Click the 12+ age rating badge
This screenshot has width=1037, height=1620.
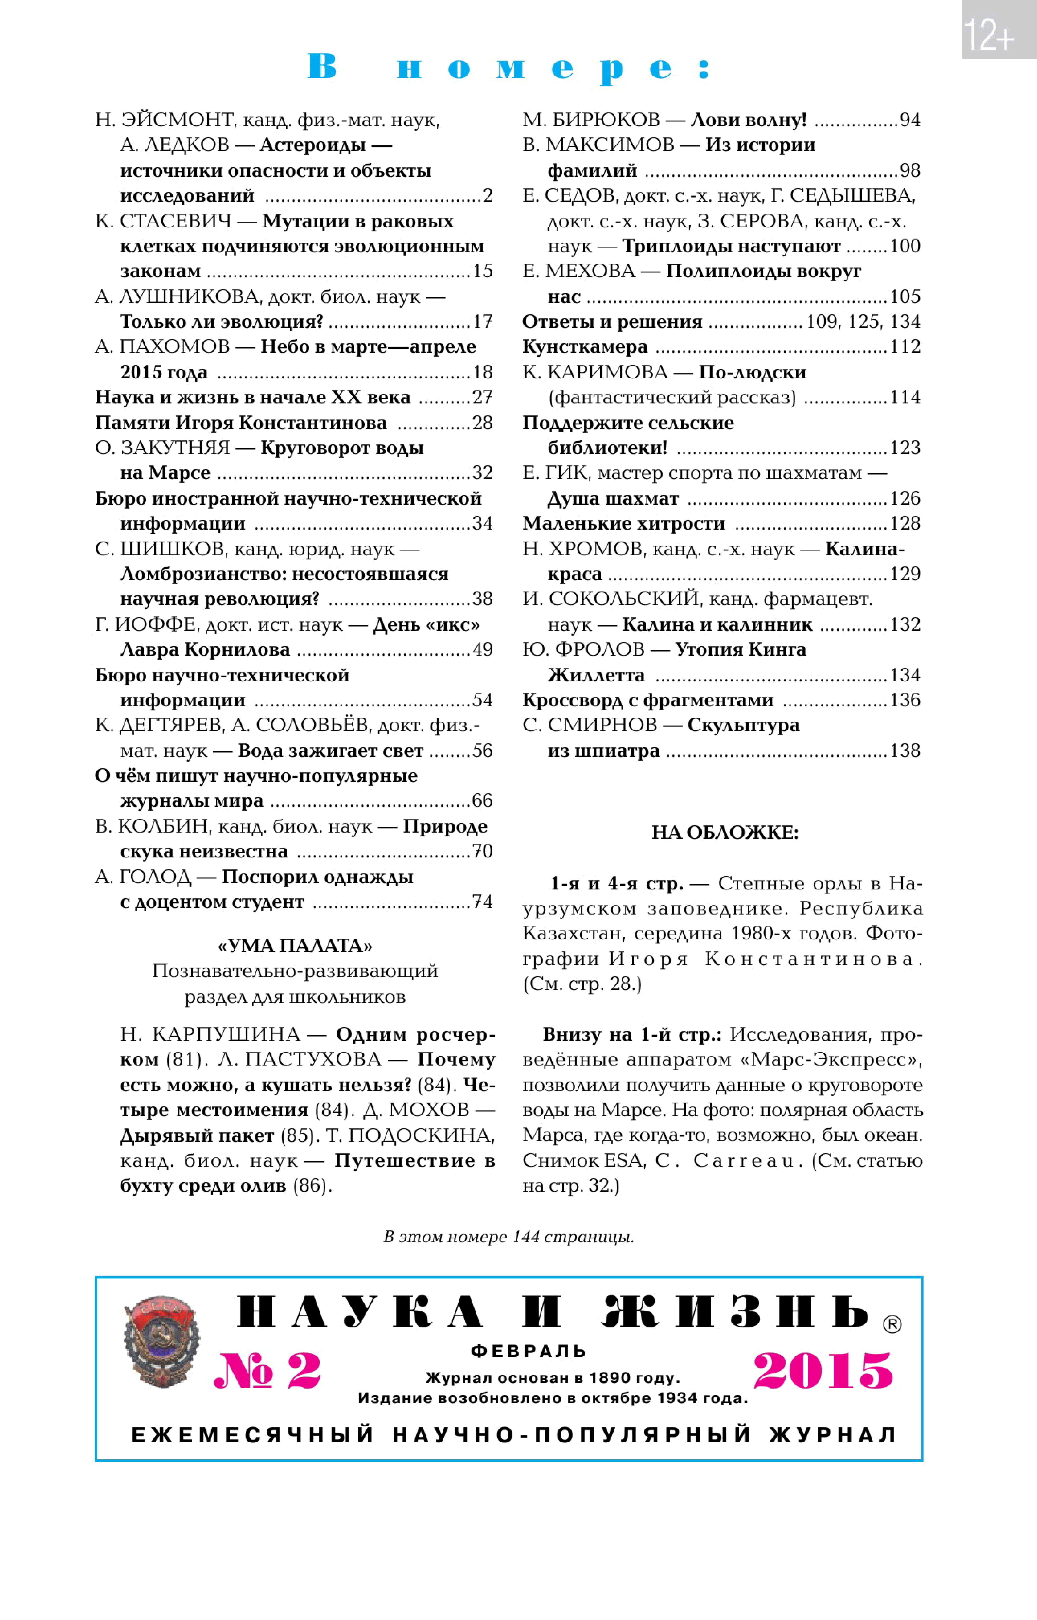(x=999, y=30)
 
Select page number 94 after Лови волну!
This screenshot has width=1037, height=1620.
(x=910, y=120)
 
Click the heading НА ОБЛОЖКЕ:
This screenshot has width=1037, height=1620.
(x=724, y=833)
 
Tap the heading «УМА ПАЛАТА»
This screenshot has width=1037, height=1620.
(x=295, y=946)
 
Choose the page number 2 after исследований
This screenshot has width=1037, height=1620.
(x=488, y=195)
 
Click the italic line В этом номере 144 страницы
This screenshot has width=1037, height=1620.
(x=508, y=1237)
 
